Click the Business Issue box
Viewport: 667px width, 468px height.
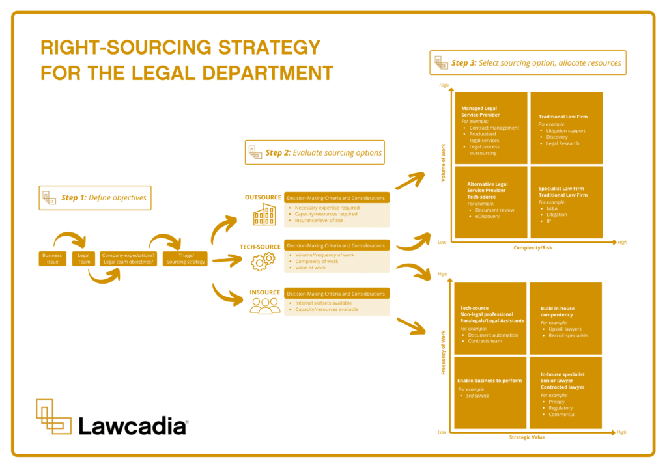tap(52, 258)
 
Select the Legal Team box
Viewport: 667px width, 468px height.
tap(84, 258)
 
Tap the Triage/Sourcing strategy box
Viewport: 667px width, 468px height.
tap(186, 258)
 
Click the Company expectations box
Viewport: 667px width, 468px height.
tap(128, 258)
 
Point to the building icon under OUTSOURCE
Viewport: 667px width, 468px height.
tap(264, 214)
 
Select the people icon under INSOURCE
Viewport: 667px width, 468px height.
tap(264, 306)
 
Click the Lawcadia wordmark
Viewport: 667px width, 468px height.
tap(133, 426)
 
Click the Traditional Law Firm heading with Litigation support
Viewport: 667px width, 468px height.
tap(563, 117)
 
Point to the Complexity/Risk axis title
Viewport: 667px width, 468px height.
tap(532, 248)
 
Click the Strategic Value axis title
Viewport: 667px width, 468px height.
tap(527, 437)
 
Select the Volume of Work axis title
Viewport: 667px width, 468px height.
tap(444, 163)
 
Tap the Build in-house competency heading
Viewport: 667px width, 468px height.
tap(557, 311)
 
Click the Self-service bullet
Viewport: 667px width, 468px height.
tap(477, 396)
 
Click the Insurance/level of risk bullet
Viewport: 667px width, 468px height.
tap(319, 220)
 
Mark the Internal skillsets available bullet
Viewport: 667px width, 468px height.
tap(322, 303)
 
